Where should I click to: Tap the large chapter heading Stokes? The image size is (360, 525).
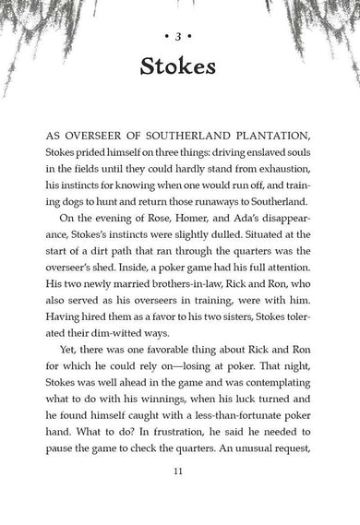[180, 67]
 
